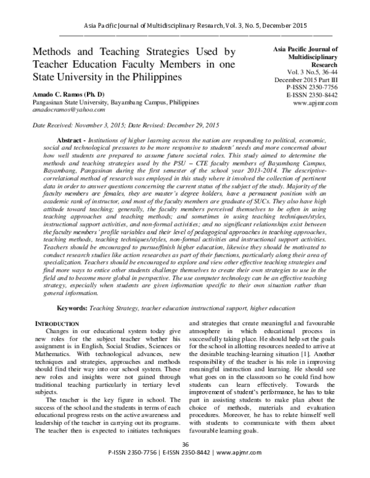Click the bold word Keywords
(x=73, y=307)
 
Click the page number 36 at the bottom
(x=185, y=462)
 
